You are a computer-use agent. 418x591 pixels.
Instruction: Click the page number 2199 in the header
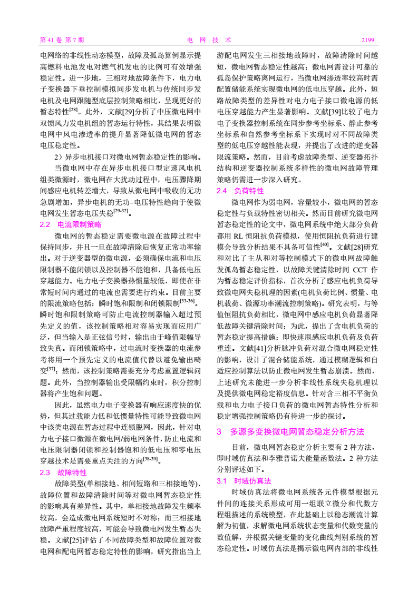click(x=367, y=40)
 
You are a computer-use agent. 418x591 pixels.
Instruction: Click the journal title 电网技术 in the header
click(x=209, y=40)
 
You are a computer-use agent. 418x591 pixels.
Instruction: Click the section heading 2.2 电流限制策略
click(x=70, y=224)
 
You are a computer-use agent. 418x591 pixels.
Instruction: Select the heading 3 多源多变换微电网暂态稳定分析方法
click(x=290, y=432)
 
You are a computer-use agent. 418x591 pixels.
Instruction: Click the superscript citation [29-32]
click(x=122, y=211)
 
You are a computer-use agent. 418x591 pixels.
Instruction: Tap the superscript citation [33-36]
click(x=188, y=301)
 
